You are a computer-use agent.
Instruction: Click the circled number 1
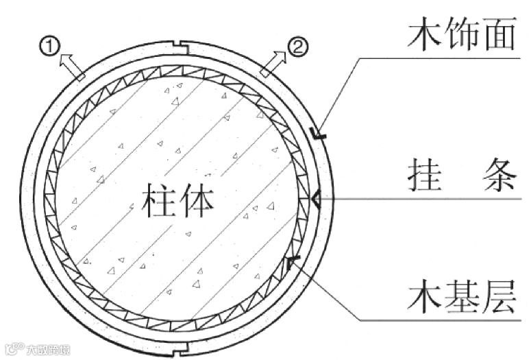click(49, 46)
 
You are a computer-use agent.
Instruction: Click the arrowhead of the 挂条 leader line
click(316, 200)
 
